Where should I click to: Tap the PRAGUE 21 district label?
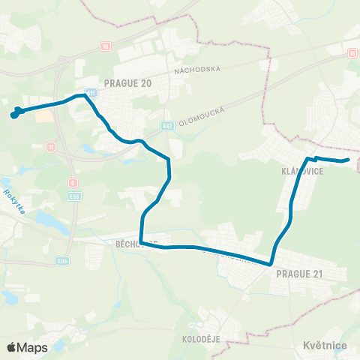pos(299,274)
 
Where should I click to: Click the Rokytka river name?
pos(14,202)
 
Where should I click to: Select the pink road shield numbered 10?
pos(106,46)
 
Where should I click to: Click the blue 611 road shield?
pos(91,91)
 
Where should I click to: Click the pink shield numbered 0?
pos(72,182)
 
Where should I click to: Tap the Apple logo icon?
pos(10,347)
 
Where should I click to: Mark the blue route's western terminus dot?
pos(13,115)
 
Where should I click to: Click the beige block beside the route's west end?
pos(44,116)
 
